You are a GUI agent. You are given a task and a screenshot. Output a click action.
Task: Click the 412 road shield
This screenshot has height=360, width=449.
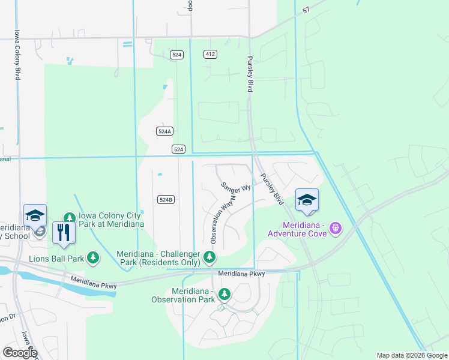click(209, 54)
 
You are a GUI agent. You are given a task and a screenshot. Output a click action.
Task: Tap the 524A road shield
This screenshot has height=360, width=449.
click(164, 131)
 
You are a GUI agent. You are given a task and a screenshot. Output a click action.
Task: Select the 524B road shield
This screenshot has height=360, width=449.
click(166, 199)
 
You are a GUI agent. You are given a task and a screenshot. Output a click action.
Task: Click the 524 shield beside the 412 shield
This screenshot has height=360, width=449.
click(176, 54)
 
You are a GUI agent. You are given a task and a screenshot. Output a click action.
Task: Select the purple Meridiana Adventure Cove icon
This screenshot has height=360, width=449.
click(335, 228)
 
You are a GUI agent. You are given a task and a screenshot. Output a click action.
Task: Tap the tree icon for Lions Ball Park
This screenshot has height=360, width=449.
click(92, 258)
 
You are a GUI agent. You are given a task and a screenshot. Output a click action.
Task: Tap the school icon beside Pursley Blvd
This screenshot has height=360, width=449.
click(307, 200)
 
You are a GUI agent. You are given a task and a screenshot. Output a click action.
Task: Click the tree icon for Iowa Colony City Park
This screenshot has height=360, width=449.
click(70, 217)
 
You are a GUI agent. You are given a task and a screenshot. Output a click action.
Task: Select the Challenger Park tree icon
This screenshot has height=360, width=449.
click(209, 257)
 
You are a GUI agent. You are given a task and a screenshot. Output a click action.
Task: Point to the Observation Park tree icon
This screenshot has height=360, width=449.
click(224, 294)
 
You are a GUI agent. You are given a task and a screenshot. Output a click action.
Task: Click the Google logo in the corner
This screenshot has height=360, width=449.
click(20, 353)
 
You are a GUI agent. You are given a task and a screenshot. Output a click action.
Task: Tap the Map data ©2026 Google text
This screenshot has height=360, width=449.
click(412, 355)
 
